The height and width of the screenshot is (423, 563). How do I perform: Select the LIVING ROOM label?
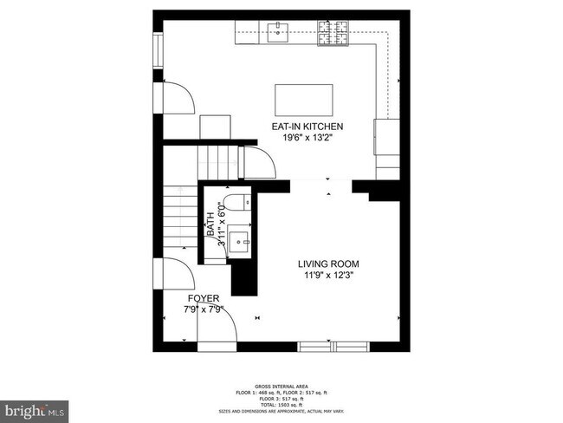point(328,264)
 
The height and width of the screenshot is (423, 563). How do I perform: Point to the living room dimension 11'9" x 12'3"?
point(328,276)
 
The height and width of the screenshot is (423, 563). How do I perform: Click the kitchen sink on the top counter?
point(279,34)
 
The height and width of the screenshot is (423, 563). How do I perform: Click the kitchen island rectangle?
point(304,94)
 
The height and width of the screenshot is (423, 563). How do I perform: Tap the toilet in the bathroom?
point(240,202)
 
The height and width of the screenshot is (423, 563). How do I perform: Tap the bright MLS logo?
point(35,408)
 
